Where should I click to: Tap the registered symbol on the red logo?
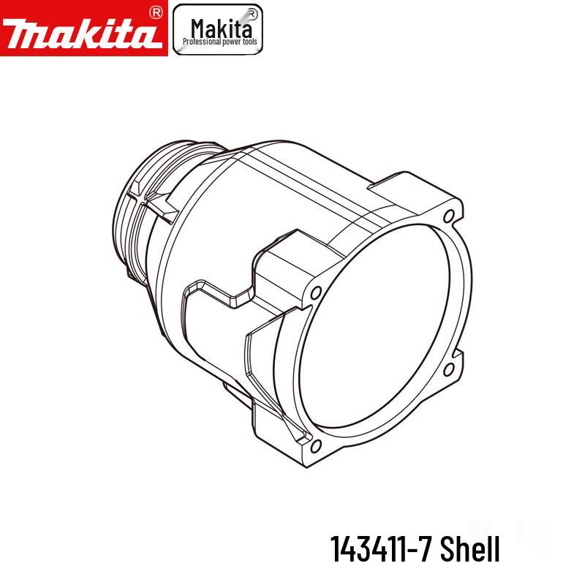pyautogui.click(x=154, y=12)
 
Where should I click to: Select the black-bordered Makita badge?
pyautogui.click(x=217, y=29)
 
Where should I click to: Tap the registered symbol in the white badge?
pyautogui.click(x=252, y=12)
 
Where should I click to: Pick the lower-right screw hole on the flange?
pyautogui.click(x=449, y=369)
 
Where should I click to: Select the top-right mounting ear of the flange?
pyautogui.click(x=439, y=205)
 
